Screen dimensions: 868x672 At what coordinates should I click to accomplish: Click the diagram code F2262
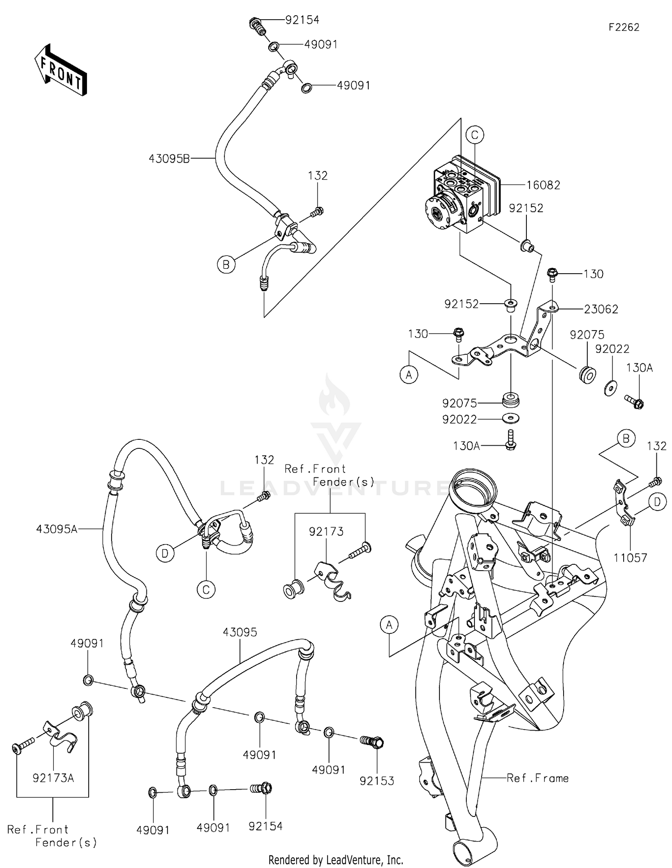624,27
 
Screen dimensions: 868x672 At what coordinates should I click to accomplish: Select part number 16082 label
543,185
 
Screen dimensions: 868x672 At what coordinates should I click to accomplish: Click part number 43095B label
169,158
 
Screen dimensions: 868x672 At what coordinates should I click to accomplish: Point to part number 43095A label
57,529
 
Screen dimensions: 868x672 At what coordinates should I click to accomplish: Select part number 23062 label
601,309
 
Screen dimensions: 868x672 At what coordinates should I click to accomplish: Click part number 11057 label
630,558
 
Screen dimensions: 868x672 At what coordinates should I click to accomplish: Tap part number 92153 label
377,781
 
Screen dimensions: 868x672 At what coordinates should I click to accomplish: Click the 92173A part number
53,778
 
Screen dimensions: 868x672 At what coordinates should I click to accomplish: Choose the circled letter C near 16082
475,135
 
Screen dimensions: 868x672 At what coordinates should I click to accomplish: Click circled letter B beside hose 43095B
226,265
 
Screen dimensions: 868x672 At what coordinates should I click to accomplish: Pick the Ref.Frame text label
538,778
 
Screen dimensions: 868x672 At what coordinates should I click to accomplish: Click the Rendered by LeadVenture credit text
336,859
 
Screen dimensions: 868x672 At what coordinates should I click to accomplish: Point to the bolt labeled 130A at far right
634,401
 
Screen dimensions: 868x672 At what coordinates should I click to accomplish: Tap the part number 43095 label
240,632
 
